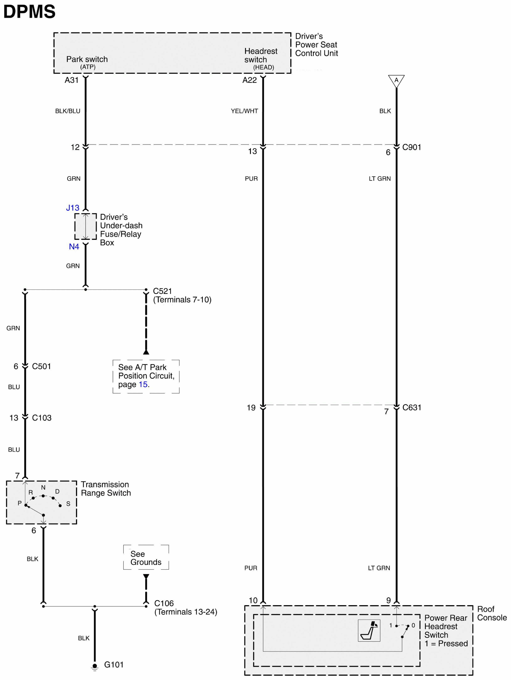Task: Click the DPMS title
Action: (29, 11)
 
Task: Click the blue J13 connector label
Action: (73, 208)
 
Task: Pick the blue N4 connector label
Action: (74, 247)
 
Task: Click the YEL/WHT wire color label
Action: (244, 111)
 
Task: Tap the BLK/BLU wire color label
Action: (68, 111)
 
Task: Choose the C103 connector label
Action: (42, 418)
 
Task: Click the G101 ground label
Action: (113, 665)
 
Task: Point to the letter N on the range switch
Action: (43, 487)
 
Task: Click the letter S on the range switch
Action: (68, 503)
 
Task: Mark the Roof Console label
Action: (492, 613)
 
